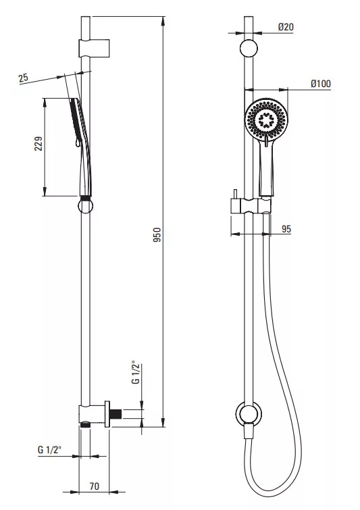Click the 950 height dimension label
pyautogui.click(x=157, y=234)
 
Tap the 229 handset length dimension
pyautogui.click(x=38, y=143)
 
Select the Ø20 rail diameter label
pyautogui.click(x=286, y=27)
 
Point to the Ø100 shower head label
pyautogui.click(x=321, y=84)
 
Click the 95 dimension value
pyautogui.click(x=286, y=229)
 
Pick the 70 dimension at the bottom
pyautogui.click(x=95, y=486)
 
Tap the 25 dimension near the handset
pyautogui.click(x=24, y=78)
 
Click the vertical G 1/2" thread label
pyautogui.click(x=136, y=372)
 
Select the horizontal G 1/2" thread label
pyautogui.click(x=49, y=450)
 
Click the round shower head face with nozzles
pyautogui.click(x=266, y=120)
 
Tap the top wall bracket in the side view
pyautogui.click(x=94, y=49)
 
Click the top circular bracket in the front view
pyautogui.click(x=249, y=49)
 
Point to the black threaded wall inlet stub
pyautogui.click(x=115, y=413)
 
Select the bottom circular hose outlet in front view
pyautogui.click(x=249, y=413)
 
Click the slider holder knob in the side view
pyautogui.click(x=86, y=206)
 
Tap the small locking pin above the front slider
pyautogui.click(x=234, y=194)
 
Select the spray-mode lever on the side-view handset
pyautogui.click(x=78, y=143)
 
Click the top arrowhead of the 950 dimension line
pyautogui.click(x=163, y=20)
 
